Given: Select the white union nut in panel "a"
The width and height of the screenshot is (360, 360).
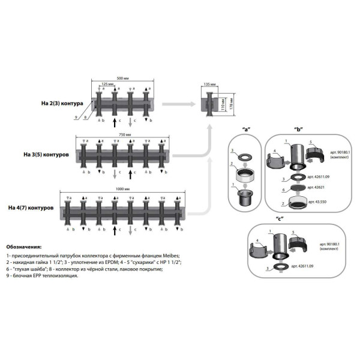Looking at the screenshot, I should click(x=245, y=175).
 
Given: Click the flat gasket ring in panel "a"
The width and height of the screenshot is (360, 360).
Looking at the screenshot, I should click(x=245, y=156).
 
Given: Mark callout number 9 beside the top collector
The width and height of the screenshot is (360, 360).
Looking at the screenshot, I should click(x=76, y=118).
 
